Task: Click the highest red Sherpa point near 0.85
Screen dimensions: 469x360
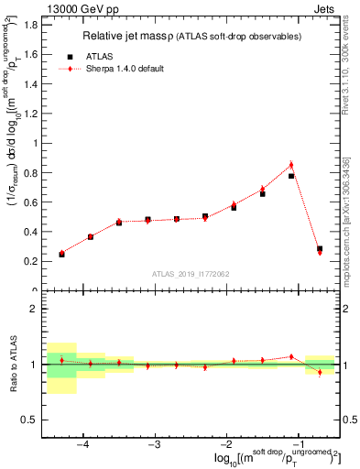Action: (x=291, y=165)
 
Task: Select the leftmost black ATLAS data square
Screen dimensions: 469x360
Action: (x=61, y=254)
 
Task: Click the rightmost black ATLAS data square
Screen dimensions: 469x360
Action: (x=320, y=248)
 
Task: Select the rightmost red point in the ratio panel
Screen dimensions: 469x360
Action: (x=320, y=372)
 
